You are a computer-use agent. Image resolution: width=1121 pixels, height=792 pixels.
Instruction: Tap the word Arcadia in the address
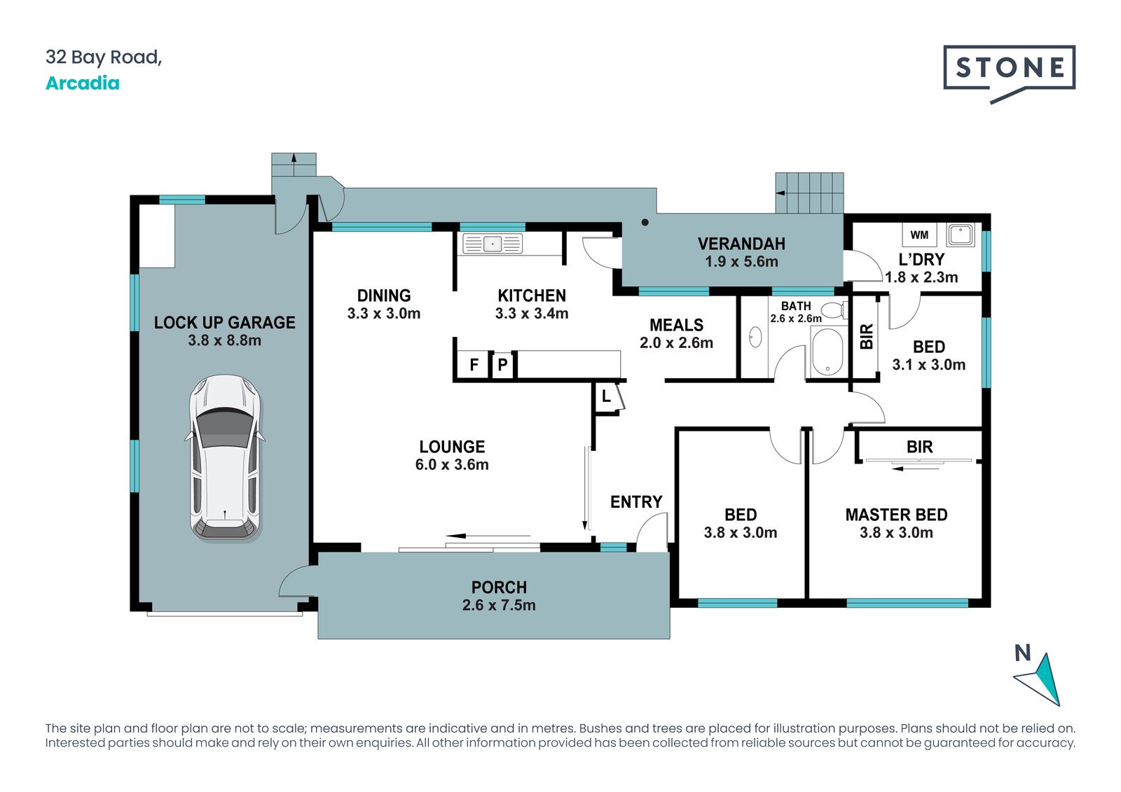click(x=83, y=83)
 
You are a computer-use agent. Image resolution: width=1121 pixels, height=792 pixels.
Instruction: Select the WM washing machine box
click(x=919, y=235)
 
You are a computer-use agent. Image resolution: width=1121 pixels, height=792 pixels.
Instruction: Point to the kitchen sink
click(x=493, y=244)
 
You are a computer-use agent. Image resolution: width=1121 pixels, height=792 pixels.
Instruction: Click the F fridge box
click(x=474, y=365)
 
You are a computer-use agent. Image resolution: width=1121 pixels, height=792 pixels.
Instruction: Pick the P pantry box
click(x=503, y=365)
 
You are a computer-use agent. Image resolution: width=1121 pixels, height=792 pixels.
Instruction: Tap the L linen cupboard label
click(x=606, y=397)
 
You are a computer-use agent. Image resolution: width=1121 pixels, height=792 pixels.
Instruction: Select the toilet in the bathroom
click(x=834, y=310)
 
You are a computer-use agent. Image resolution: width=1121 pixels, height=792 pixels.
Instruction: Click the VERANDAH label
click(x=741, y=244)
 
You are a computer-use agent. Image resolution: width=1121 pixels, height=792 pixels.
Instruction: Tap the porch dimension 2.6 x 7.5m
click(x=499, y=605)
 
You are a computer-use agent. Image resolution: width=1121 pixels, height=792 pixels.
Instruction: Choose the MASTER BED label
click(x=896, y=515)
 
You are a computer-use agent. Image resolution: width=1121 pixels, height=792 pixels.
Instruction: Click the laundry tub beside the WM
click(x=961, y=235)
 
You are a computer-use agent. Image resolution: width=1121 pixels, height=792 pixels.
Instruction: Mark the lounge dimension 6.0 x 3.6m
click(x=452, y=464)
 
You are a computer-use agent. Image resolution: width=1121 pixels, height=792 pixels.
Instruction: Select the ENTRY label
click(x=636, y=502)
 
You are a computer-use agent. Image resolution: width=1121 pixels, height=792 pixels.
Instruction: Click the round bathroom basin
click(x=755, y=338)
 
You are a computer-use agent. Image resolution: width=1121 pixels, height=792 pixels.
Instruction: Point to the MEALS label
click(x=677, y=325)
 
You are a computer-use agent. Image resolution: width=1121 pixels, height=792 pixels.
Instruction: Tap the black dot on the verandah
click(x=645, y=222)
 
